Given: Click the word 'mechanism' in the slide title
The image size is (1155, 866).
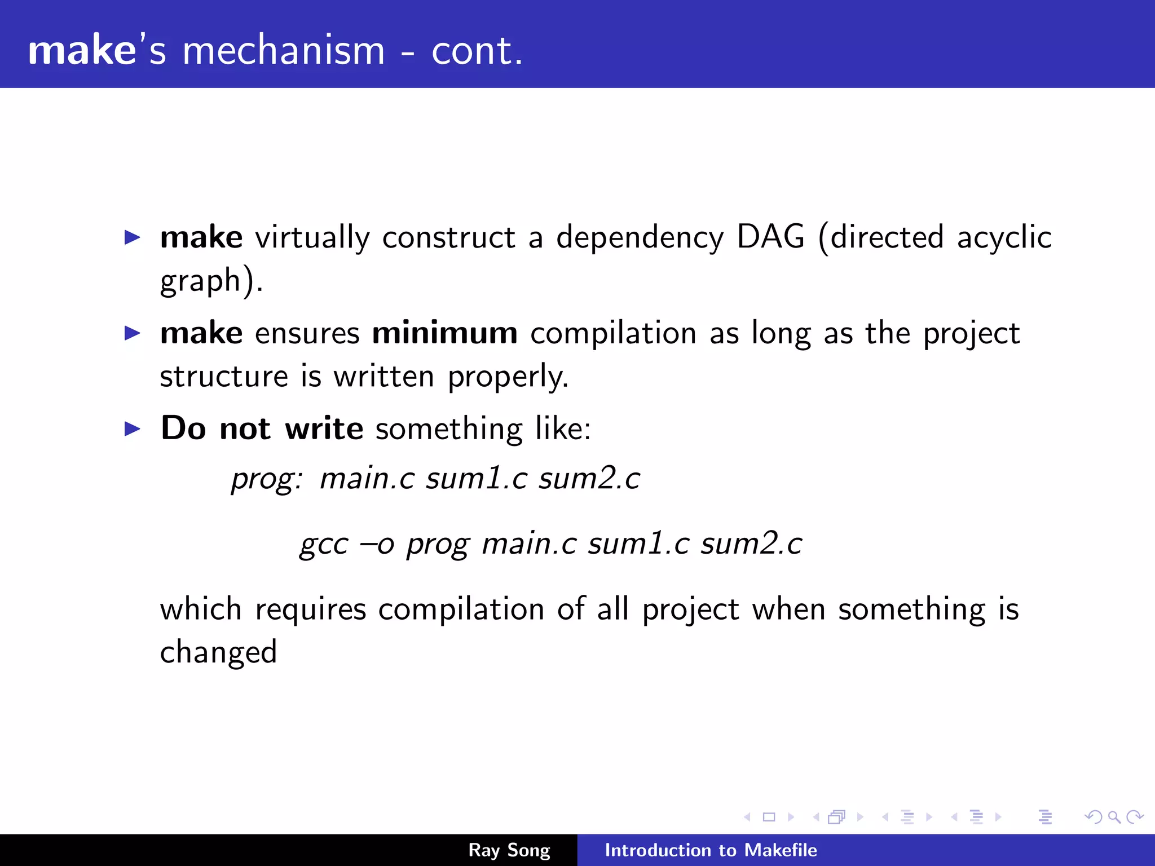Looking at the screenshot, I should pyautogui.click(x=284, y=51).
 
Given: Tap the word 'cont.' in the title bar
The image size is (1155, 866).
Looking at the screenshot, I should pyautogui.click(x=477, y=51).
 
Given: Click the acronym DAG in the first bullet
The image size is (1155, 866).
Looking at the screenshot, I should pyautogui.click(x=770, y=236).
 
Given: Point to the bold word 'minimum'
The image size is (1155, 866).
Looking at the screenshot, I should pyautogui.click(x=444, y=333).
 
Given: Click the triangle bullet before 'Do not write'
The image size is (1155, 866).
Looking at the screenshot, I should pyautogui.click(x=132, y=429).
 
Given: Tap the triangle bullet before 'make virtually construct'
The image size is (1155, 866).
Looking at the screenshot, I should pyautogui.click(x=132, y=237).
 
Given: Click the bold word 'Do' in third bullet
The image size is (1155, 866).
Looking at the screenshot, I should pyautogui.click(x=183, y=428).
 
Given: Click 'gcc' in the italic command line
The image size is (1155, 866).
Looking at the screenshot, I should pyautogui.click(x=324, y=545).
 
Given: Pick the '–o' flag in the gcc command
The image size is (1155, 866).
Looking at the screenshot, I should pyautogui.click(x=377, y=545).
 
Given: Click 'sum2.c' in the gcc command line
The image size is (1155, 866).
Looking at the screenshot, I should pyautogui.click(x=751, y=544).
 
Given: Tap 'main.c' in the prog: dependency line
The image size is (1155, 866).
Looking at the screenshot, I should pyautogui.click(x=367, y=478).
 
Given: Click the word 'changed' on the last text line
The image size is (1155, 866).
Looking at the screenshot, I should pyautogui.click(x=218, y=653).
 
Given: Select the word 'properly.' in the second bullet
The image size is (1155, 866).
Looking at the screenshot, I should pyautogui.click(x=508, y=377).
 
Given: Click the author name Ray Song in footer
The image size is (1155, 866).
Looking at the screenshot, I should pyautogui.click(x=509, y=850).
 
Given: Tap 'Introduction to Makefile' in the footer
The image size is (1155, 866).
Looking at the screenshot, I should pyautogui.click(x=711, y=850).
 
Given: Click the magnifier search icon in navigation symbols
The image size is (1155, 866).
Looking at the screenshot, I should pyautogui.click(x=1114, y=817).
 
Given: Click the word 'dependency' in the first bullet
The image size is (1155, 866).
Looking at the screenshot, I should pyautogui.click(x=640, y=237).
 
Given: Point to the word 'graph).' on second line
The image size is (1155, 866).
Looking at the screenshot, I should pyautogui.click(x=211, y=281).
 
